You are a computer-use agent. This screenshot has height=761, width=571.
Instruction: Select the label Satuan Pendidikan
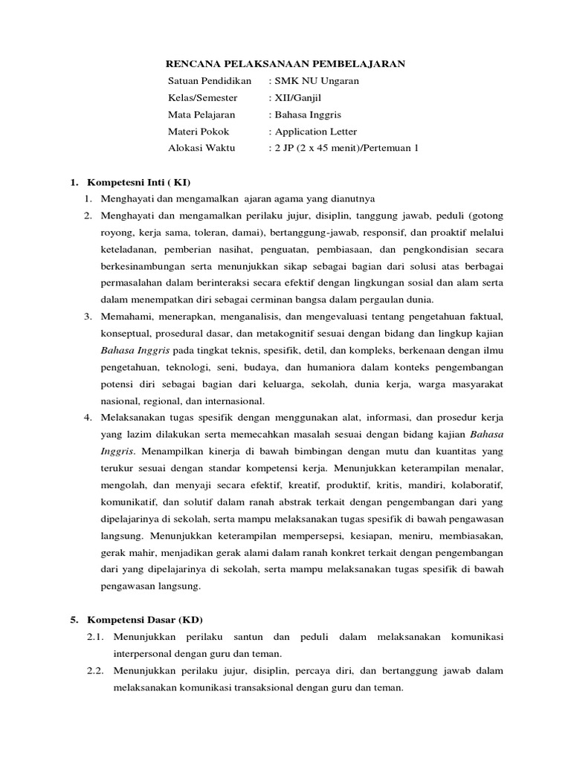tap(210, 80)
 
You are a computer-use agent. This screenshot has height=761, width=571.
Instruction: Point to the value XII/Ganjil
tap(297, 97)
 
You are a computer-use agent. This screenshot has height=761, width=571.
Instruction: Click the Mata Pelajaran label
tap(201, 114)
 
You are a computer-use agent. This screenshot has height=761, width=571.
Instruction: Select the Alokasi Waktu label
tap(201, 148)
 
